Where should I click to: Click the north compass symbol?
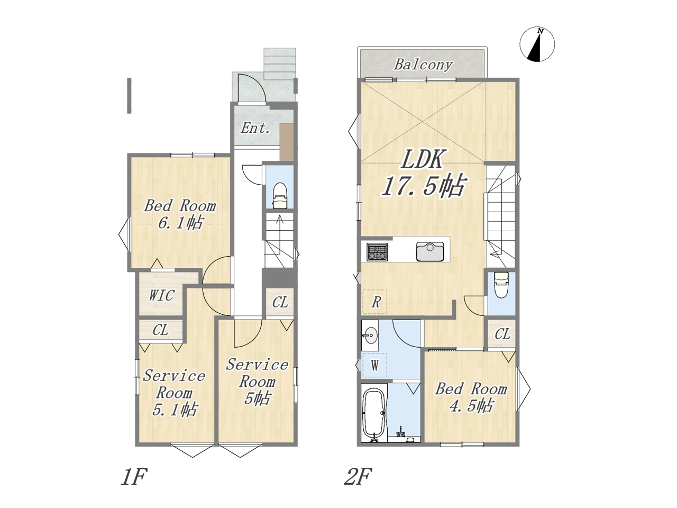(537, 44)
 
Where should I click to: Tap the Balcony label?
(423, 65)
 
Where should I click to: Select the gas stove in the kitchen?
(377, 251)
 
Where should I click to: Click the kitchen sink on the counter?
(430, 251)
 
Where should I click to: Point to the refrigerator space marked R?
(375, 302)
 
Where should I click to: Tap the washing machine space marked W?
(374, 365)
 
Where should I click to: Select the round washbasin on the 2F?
(370, 334)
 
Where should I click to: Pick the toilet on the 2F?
(501, 284)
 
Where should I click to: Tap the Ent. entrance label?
(255, 128)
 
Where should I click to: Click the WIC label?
(162, 295)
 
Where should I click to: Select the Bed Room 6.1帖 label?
(180, 214)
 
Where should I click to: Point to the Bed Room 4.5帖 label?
(471, 397)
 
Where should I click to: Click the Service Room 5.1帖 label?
(174, 393)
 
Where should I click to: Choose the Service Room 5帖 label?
(257, 382)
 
